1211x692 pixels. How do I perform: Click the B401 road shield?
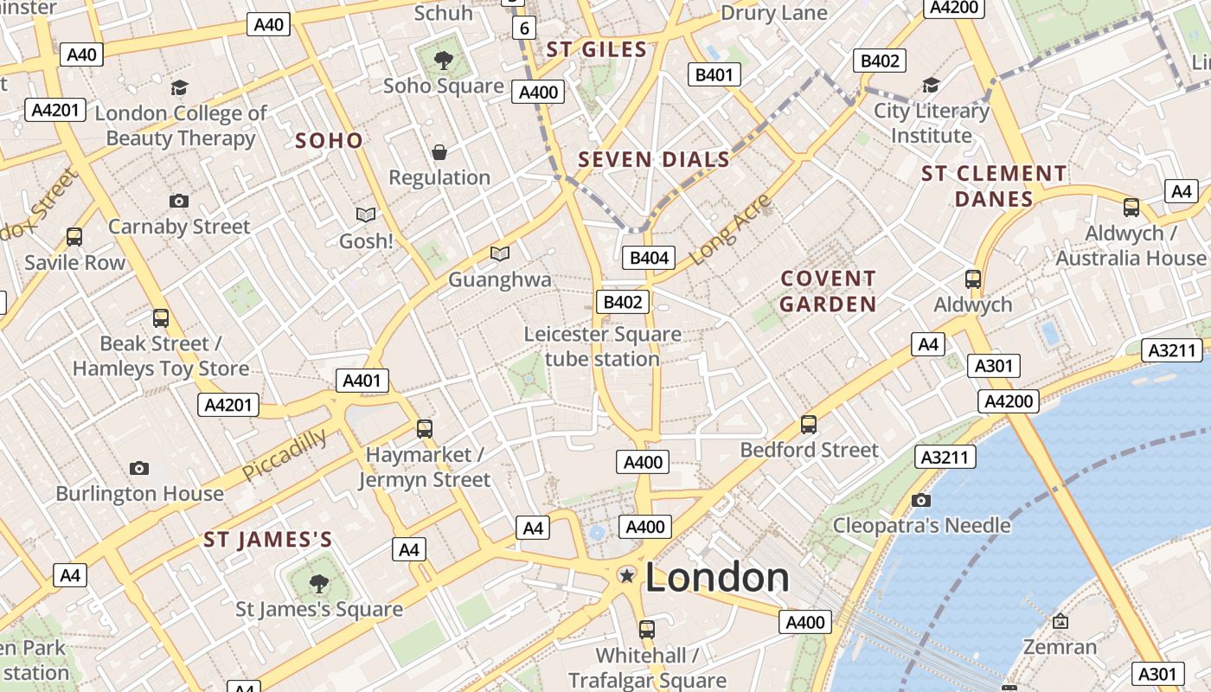[714, 74]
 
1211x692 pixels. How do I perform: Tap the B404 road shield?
[649, 258]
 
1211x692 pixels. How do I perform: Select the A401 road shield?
[362, 381]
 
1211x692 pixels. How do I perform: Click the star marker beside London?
[626, 575]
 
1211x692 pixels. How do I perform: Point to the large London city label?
[717, 578]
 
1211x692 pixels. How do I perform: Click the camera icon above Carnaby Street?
[179, 201]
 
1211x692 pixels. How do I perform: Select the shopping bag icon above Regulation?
[439, 153]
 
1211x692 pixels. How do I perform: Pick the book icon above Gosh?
[366, 215]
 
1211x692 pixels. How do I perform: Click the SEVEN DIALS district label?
[654, 159]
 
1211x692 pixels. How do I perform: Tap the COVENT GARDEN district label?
[828, 292]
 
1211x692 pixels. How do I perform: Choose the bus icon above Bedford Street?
[809, 424]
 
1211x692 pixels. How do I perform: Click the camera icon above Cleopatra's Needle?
[920, 500]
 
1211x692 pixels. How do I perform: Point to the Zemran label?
[1060, 646]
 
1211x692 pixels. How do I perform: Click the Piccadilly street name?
[285, 454]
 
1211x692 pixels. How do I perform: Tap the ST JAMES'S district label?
[268, 541]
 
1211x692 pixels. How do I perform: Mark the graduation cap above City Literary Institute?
[931, 85]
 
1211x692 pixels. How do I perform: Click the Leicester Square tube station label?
[602, 346]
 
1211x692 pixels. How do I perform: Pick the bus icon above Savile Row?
[74, 237]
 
